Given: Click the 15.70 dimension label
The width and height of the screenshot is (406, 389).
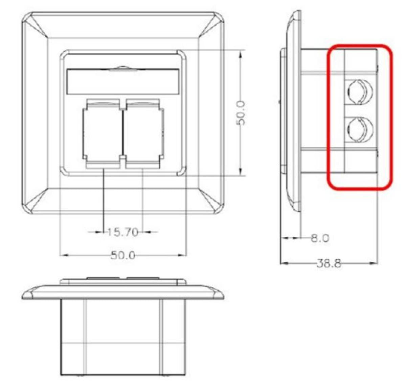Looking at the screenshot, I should [x=123, y=232].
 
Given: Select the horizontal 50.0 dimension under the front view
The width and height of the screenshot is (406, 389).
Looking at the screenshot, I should [x=123, y=255].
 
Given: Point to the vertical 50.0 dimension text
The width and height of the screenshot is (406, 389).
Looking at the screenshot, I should [x=241, y=113].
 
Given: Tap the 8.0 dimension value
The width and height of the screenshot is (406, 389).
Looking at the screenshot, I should [x=320, y=238].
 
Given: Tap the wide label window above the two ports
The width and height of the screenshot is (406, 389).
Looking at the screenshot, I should [x=123, y=81].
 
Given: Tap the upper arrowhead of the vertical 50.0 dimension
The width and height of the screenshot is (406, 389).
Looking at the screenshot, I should [x=240, y=54].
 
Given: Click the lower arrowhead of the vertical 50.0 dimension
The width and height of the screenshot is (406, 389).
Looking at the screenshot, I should [x=240, y=172].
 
